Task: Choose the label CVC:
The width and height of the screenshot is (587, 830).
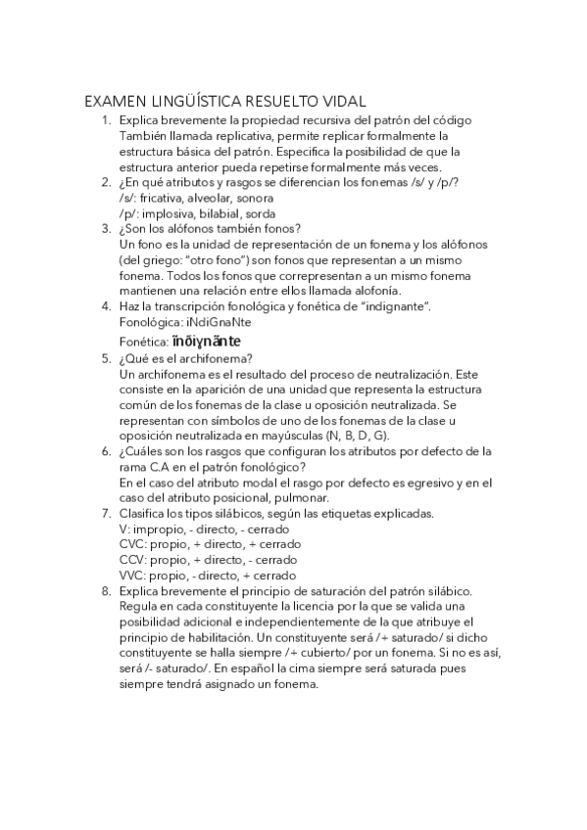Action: coord(134,544)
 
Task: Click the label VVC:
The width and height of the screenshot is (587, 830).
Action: coord(134,576)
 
